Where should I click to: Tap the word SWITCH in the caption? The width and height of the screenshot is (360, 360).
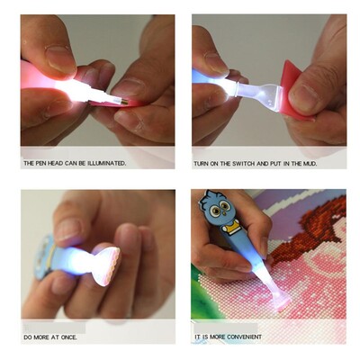coord(244,164)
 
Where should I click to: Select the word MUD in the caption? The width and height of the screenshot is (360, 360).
coord(310,164)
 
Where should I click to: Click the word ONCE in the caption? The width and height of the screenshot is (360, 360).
coord(68,337)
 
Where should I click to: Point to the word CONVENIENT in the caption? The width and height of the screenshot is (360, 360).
coord(244,337)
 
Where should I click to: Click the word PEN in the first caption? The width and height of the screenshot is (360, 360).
coord(40,164)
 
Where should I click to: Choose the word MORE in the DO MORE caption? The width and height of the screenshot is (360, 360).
coord(41,337)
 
